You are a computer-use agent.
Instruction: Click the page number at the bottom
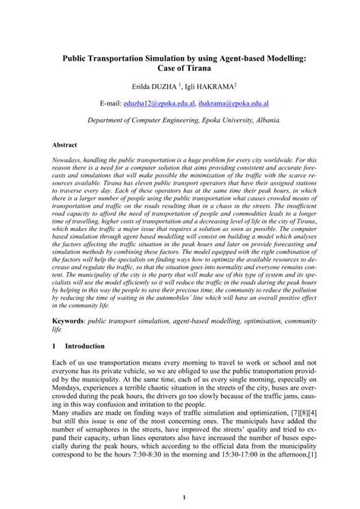(x=179, y=498)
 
